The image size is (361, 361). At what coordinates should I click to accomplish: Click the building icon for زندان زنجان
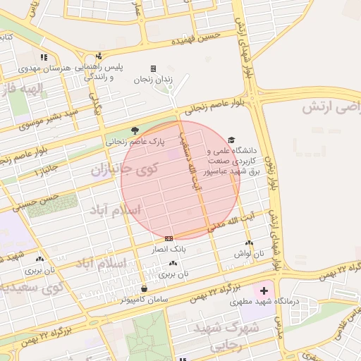[153, 68]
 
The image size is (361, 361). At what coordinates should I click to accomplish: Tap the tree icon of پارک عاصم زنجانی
[135, 130]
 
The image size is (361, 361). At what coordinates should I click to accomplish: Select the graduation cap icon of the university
[231, 140]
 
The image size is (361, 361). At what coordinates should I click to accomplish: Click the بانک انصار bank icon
[169, 238]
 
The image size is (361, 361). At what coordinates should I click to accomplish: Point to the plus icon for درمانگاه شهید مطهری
[264, 290]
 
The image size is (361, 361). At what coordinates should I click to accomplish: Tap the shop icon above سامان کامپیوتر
[144, 288]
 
